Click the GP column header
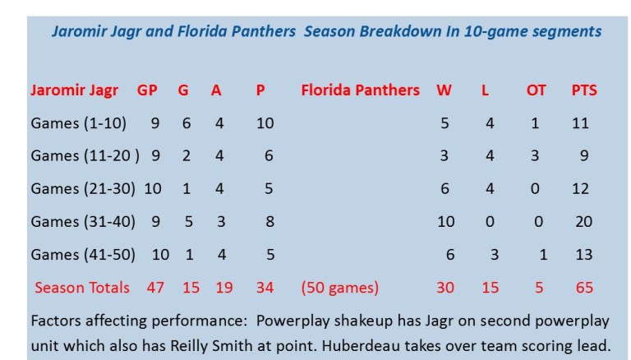[x=147, y=90]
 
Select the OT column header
[x=536, y=90]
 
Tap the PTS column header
[x=584, y=90]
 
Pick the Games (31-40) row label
[x=82, y=221]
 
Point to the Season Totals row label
[x=82, y=288]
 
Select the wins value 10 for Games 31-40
[x=445, y=221]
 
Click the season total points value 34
[x=266, y=288]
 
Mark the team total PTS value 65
[x=584, y=288]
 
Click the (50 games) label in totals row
[x=339, y=288]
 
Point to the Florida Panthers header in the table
[x=361, y=90]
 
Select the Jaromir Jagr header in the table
[x=74, y=90]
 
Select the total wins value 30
[x=445, y=288]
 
